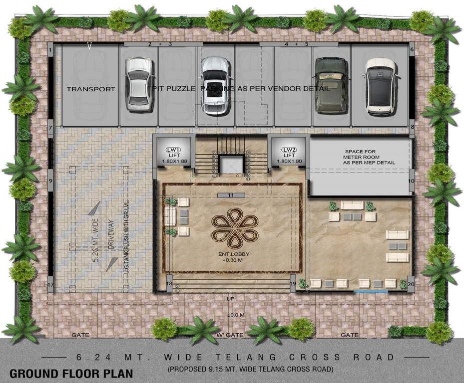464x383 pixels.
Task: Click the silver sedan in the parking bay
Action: (138, 84)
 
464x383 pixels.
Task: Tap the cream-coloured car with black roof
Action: (381, 85)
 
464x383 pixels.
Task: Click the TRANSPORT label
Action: (91, 89)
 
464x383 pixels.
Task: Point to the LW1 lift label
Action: (173, 150)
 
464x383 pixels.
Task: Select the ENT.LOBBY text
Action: (230, 256)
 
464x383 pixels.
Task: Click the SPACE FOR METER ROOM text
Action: (369, 157)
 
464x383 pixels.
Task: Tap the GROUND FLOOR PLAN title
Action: (71, 373)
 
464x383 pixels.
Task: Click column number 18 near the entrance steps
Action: (169, 284)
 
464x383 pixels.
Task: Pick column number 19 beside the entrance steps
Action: (293, 284)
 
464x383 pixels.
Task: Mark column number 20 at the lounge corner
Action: (411, 284)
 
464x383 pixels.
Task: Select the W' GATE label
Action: (230, 335)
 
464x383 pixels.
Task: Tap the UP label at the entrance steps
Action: (231, 298)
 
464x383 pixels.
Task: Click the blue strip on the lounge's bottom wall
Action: (371, 290)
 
